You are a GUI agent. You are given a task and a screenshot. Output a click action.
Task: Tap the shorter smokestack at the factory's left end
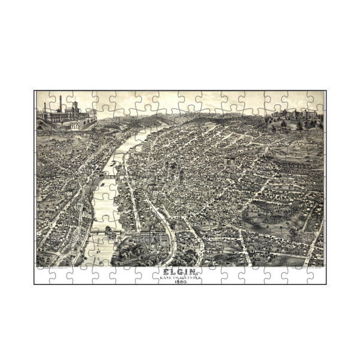coord(45,108)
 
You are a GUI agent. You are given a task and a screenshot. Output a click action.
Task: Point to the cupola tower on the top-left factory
coord(76,108)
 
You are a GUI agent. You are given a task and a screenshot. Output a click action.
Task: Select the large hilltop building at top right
coord(294,115)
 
